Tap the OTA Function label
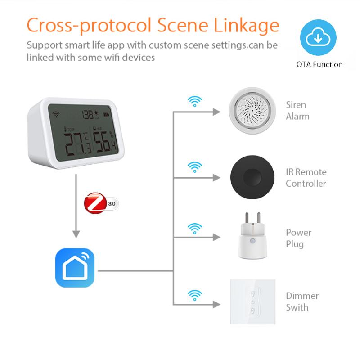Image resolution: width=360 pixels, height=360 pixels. [x=319, y=64]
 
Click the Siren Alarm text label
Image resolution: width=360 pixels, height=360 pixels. [x=297, y=111]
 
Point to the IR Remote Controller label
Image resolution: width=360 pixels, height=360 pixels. [x=306, y=178]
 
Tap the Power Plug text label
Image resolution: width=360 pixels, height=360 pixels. [x=298, y=238]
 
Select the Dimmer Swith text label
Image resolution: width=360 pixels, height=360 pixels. [x=302, y=301]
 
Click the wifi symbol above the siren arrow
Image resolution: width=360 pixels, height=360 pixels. [x=194, y=102]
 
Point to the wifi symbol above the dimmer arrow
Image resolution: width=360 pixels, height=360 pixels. [x=194, y=295]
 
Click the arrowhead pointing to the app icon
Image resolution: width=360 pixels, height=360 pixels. [x=76, y=234]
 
